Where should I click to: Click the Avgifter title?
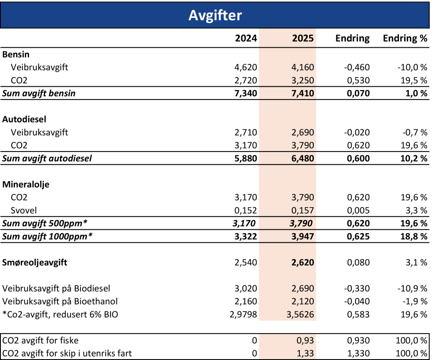[215, 15]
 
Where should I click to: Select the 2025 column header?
[303, 38]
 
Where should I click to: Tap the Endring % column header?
[405, 38]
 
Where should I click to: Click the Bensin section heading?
[16, 54]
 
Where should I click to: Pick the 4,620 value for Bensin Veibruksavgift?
[246, 67]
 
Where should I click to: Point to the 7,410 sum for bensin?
[303, 93]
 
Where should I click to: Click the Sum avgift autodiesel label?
[47, 158]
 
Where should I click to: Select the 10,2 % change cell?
[414, 158]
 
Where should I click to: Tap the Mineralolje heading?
[26, 184]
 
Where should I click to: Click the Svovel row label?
[24, 211]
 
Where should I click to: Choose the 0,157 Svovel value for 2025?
[303, 211]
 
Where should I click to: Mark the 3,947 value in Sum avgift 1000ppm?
[303, 237]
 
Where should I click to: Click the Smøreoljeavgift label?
[35, 263]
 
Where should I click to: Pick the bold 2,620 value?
[303, 263]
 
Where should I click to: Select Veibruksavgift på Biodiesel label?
[56, 289]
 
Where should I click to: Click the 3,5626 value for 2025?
[300, 314]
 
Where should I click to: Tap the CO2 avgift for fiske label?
[40, 340]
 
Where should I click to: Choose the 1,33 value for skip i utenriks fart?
[305, 353]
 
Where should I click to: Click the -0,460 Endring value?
[357, 67]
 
